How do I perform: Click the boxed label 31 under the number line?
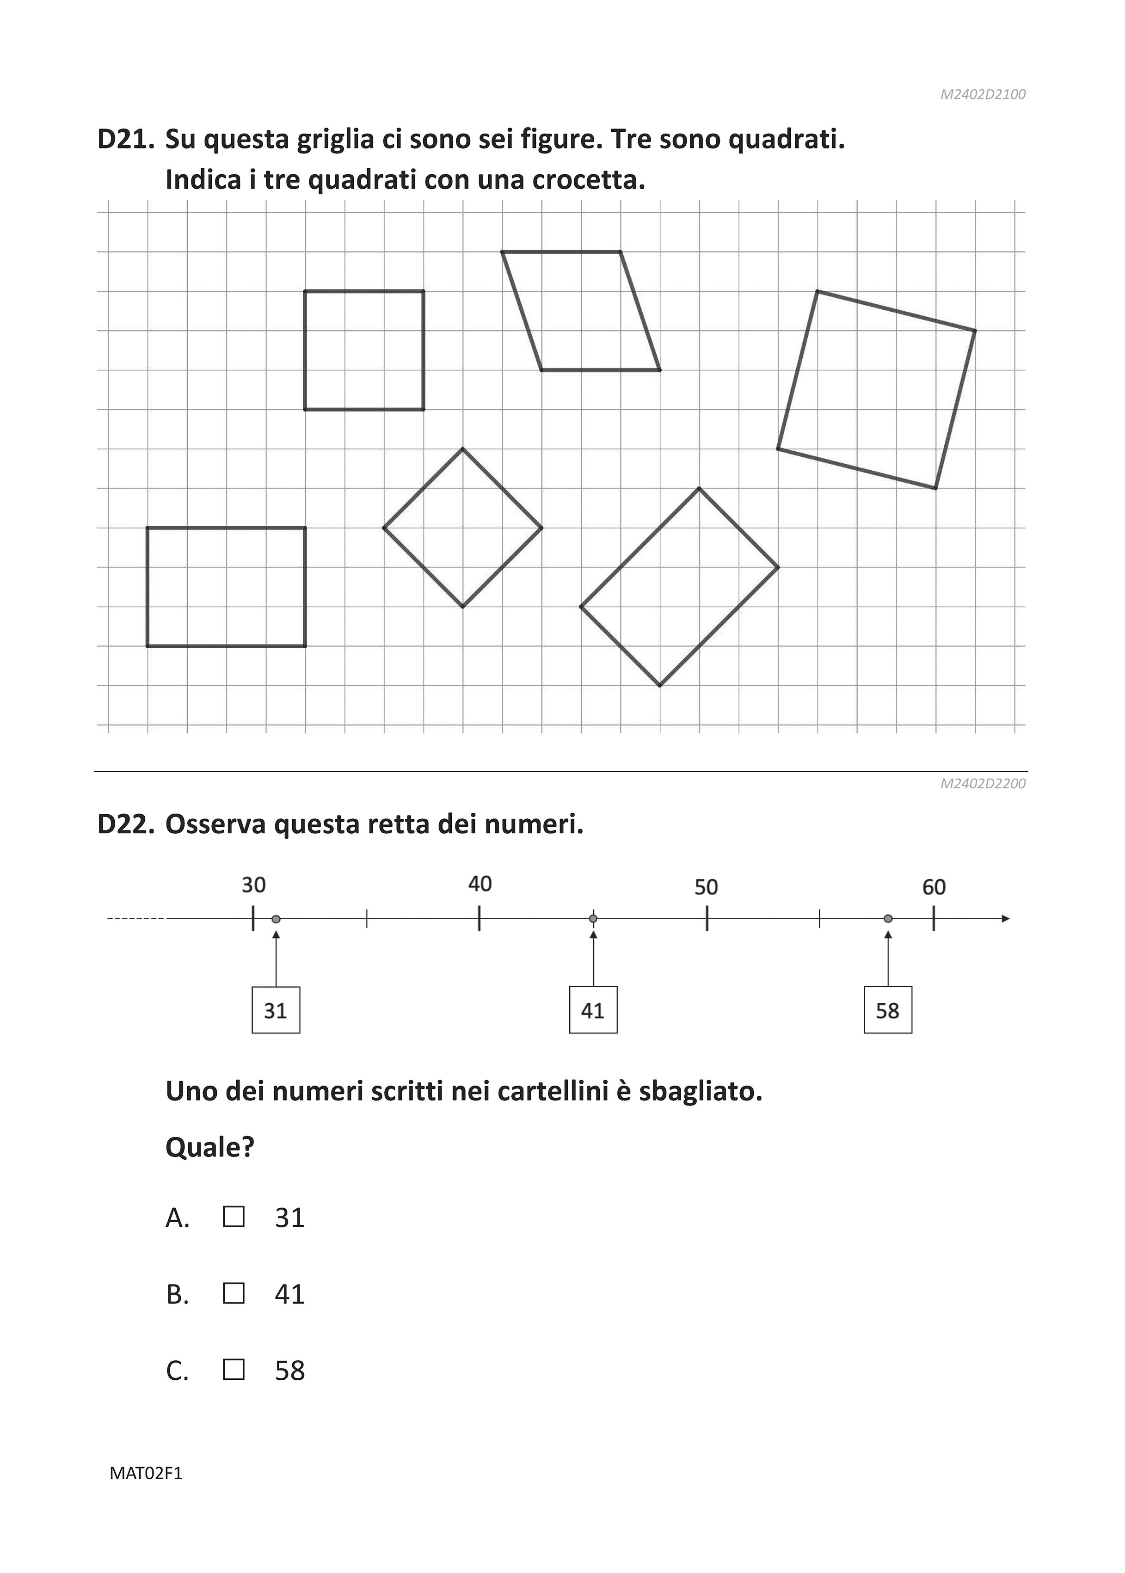click(276, 1011)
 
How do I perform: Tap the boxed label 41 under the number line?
click(593, 1011)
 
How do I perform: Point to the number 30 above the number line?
click(253, 885)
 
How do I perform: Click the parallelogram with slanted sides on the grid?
click(580, 311)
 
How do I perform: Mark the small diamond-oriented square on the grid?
click(463, 528)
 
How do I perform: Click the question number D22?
click(125, 825)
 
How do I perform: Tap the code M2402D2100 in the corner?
click(982, 94)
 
